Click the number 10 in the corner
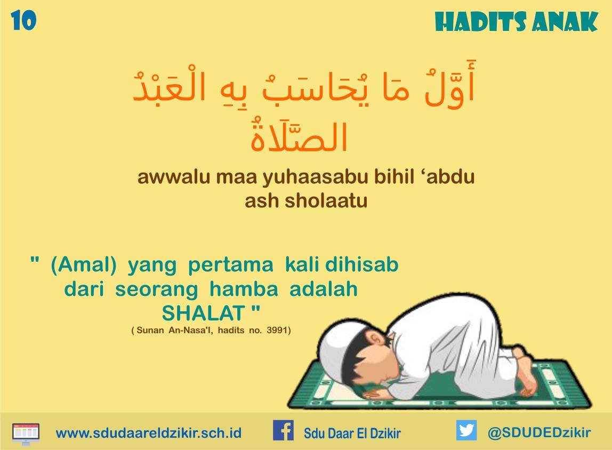click(23, 20)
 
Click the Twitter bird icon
click(466, 430)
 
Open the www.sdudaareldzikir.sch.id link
click(149, 432)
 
